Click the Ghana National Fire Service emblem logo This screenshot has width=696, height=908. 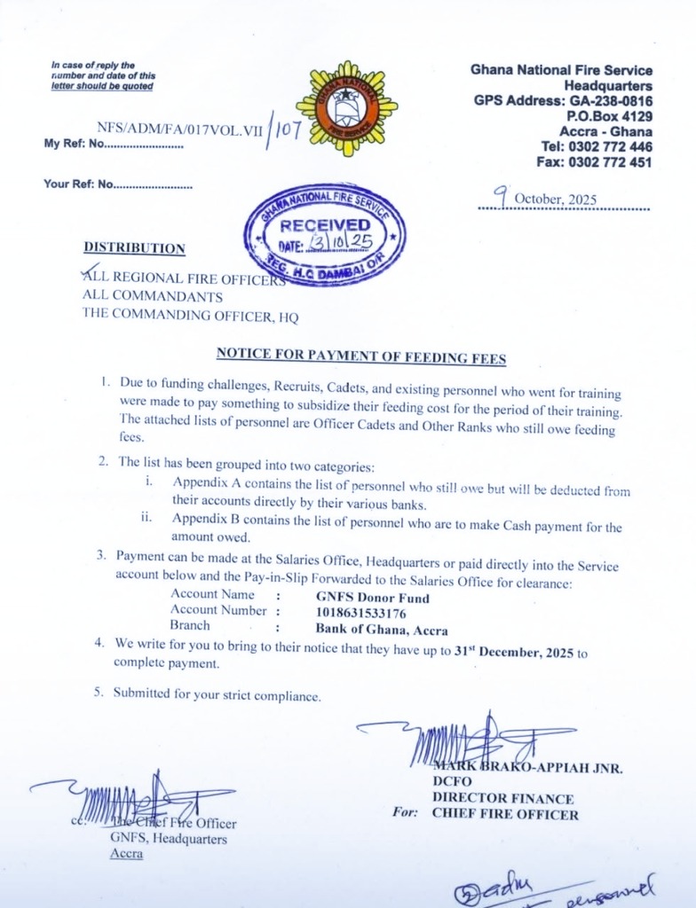346,109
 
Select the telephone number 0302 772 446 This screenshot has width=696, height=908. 608,146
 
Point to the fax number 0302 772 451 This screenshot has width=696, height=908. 608,162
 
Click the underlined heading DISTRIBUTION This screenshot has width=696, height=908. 134,248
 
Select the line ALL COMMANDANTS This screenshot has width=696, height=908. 153,296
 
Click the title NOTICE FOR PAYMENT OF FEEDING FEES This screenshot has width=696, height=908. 360,357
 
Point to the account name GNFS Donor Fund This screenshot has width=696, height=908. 373,598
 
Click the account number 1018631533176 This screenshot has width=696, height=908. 361,613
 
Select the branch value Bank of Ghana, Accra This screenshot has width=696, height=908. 382,630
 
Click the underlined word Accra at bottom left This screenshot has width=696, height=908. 126,854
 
